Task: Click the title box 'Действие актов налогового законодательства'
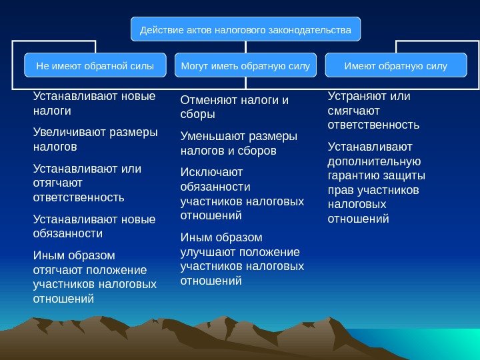pyautogui.click(x=245, y=30)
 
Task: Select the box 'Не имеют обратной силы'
pyautogui.click(x=95, y=66)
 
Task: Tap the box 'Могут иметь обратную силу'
pyautogui.click(x=245, y=66)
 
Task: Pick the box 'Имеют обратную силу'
pyautogui.click(x=395, y=66)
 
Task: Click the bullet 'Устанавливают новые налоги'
pyautogui.click(x=93, y=103)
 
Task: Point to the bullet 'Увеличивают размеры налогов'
pyautogui.click(x=95, y=139)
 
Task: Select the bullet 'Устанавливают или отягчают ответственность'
pyautogui.click(x=87, y=183)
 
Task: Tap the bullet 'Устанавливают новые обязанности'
pyautogui.click(x=93, y=226)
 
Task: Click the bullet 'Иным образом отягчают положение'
pyautogui.click(x=93, y=277)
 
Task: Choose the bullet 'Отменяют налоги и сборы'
pyautogui.click(x=234, y=107)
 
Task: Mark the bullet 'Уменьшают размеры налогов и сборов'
pyautogui.click(x=239, y=143)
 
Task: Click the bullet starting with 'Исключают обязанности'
pyautogui.click(x=241, y=193)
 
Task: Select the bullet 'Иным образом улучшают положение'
pyautogui.click(x=241, y=259)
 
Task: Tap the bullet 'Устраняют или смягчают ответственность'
pyautogui.click(x=373, y=110)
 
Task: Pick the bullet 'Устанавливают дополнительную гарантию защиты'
pyautogui.click(x=377, y=183)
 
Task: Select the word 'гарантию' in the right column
pyautogui.click(x=353, y=175)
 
